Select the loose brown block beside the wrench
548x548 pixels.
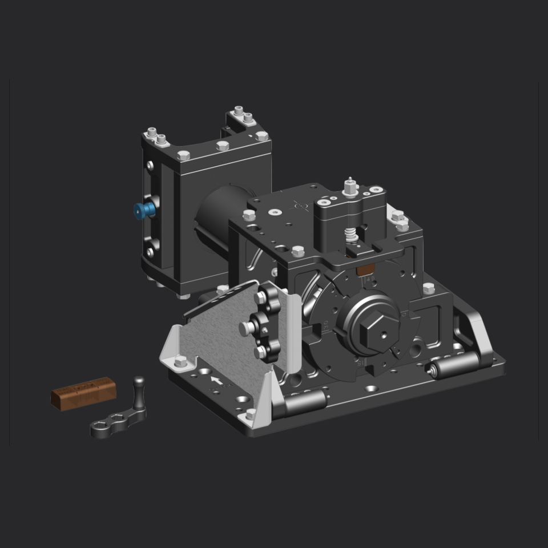(83, 393)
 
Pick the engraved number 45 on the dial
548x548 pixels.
(370, 279)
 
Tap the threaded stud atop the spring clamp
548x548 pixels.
(349, 185)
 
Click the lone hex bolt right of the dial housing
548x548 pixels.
(429, 288)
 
